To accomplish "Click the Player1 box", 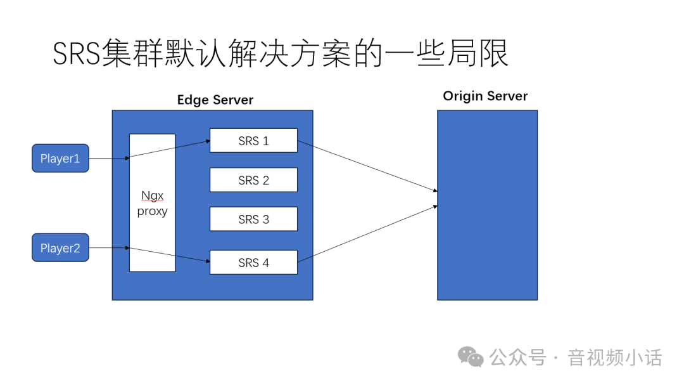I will [x=60, y=159].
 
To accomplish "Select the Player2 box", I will [x=60, y=248].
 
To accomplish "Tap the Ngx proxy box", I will [x=152, y=203].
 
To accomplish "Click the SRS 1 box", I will [x=253, y=141].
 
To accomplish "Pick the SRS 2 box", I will [x=253, y=180].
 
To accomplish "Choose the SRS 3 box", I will [x=253, y=219].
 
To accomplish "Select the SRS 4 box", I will [x=253, y=263].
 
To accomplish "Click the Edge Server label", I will [x=215, y=100].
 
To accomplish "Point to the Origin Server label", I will [x=484, y=96].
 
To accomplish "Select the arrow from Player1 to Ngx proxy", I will [x=109, y=159].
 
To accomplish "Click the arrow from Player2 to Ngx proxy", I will [x=109, y=248].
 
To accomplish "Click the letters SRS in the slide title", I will [x=76, y=55].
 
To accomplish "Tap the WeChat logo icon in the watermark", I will [x=471, y=356].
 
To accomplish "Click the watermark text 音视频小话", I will [x=614, y=358].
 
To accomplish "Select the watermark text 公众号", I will [x=518, y=358].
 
